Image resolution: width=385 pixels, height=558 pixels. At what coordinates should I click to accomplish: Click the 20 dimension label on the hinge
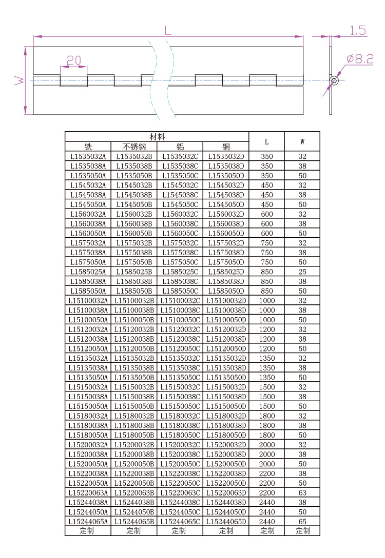click(x=74, y=60)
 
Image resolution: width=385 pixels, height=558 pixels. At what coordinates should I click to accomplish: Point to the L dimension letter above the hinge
click(x=168, y=30)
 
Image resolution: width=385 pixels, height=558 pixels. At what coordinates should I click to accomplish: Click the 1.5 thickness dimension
click(x=358, y=31)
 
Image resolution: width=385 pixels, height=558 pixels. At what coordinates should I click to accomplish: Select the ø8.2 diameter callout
click(x=359, y=59)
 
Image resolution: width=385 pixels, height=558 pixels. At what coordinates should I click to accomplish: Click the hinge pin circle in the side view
click(x=334, y=80)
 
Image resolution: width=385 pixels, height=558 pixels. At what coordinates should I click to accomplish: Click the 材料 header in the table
click(x=157, y=137)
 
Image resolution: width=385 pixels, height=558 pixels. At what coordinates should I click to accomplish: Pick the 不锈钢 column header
click(x=134, y=147)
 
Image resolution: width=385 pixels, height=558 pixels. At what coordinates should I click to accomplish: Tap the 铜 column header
click(x=226, y=147)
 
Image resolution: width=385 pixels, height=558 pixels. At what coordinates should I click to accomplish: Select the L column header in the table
click(x=267, y=141)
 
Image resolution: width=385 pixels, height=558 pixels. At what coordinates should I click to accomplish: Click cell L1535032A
click(x=88, y=156)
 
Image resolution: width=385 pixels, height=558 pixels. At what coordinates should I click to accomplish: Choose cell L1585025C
click(x=180, y=272)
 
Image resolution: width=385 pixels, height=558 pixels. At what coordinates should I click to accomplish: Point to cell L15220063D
click(x=226, y=492)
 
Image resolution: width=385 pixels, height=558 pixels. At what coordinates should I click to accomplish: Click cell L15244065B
click(x=134, y=521)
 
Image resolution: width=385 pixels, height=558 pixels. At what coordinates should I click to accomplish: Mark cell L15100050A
click(x=88, y=320)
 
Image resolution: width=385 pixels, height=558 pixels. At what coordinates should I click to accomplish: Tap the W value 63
click(x=302, y=492)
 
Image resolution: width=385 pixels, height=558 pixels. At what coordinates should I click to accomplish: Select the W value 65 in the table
click(x=302, y=521)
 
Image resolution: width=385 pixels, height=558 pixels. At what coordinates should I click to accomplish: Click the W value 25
click(x=302, y=272)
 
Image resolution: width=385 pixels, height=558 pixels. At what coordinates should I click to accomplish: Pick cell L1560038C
click(x=180, y=223)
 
